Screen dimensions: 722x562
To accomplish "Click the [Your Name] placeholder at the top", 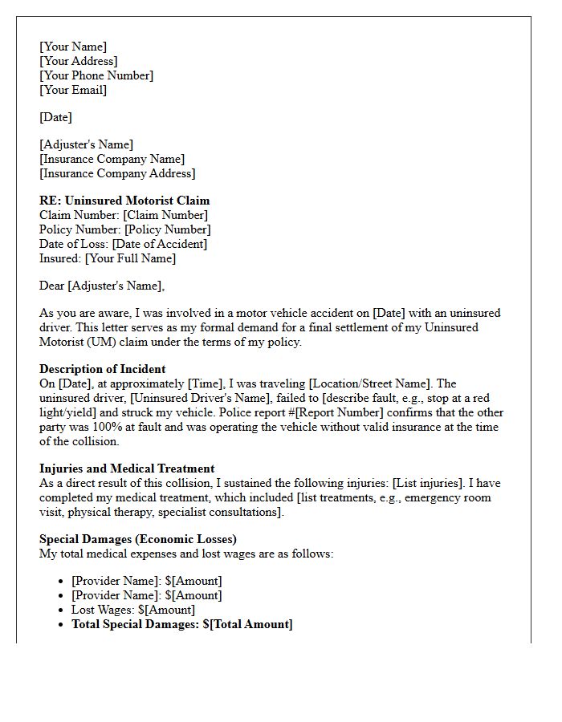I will tap(73, 47).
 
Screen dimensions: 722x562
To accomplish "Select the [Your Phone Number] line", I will tap(96, 75).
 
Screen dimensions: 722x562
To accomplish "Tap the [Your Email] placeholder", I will tap(73, 90).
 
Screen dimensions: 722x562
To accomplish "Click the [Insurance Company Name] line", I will tap(112, 159).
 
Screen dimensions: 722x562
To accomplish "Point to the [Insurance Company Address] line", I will tap(117, 173).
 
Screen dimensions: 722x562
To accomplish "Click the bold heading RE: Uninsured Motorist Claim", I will tap(124, 201).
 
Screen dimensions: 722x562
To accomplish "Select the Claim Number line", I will tap(124, 215).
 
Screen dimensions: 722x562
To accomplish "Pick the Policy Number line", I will tap(124, 229).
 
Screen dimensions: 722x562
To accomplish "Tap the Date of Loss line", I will tap(123, 244).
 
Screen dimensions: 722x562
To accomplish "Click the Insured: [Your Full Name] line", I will tap(108, 258).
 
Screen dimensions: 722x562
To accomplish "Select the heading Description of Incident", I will tap(103, 369).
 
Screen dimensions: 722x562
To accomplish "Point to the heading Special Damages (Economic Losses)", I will tap(138, 539).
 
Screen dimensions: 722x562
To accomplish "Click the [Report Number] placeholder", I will tap(336, 412).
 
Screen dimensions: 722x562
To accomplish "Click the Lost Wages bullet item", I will tap(133, 610).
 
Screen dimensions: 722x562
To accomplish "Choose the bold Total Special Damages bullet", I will tap(182, 624).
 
